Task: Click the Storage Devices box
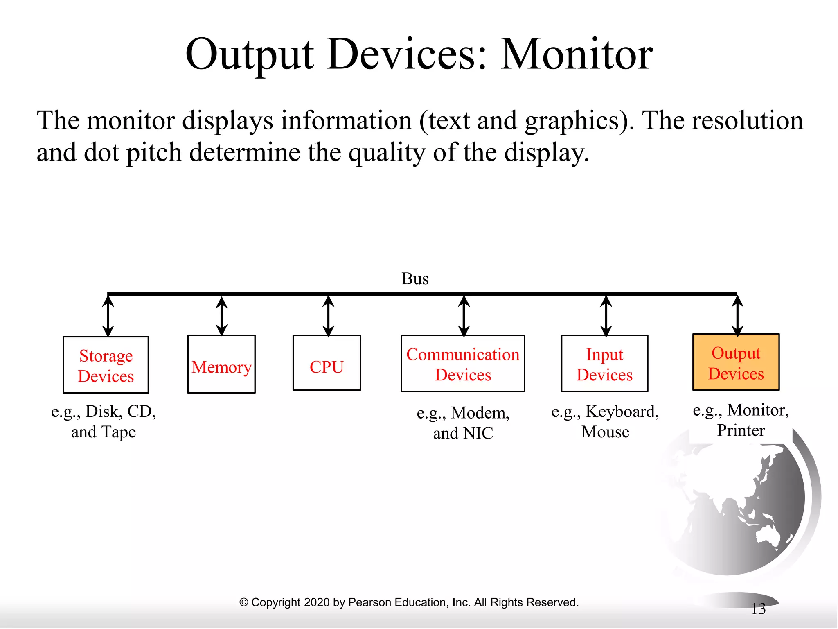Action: (x=106, y=365)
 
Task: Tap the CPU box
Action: (x=327, y=363)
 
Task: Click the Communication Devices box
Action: (x=463, y=364)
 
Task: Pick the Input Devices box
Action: (x=604, y=364)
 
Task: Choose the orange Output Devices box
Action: (x=736, y=362)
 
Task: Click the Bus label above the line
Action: (x=415, y=279)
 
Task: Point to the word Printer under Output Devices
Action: (x=741, y=430)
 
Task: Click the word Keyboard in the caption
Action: (x=622, y=412)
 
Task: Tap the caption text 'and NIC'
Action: (x=463, y=433)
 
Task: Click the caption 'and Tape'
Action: (x=104, y=432)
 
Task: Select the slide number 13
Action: (x=758, y=609)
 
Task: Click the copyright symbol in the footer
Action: (x=243, y=602)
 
